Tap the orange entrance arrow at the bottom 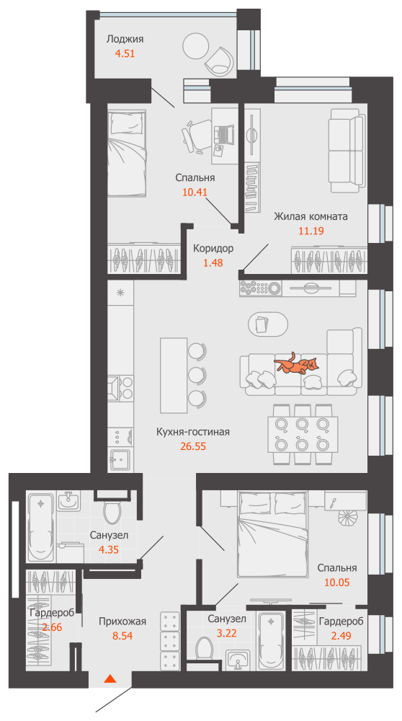click(110, 678)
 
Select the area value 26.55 click(193, 446)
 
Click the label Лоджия click(125, 39)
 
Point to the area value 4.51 click(125, 53)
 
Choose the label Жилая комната click(311, 216)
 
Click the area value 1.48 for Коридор click(213, 262)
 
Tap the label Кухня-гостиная click(193, 432)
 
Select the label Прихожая click(122, 621)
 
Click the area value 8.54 click(122, 637)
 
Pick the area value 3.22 click(226, 634)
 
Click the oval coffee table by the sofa click(267, 324)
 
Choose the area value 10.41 click(195, 193)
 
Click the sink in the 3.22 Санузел click(238, 659)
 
